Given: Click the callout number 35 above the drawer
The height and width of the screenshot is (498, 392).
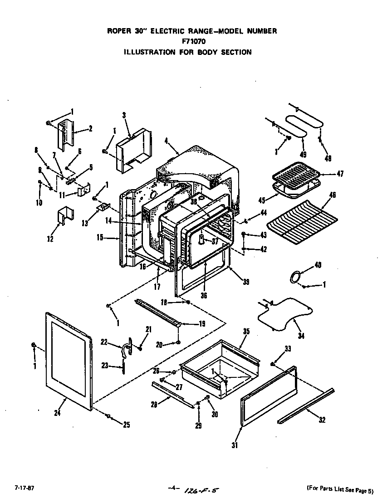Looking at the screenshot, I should tap(245, 331).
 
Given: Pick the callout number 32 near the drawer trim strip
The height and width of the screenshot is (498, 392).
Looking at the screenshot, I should tap(322, 420).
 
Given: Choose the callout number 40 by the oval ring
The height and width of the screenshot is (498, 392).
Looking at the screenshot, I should tap(318, 265).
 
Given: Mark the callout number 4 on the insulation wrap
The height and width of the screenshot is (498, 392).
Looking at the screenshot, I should tap(167, 141).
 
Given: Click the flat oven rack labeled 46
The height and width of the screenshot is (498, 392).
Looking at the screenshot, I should tap(301, 220).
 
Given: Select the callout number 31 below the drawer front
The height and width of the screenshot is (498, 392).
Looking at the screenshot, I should tap(234, 445).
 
